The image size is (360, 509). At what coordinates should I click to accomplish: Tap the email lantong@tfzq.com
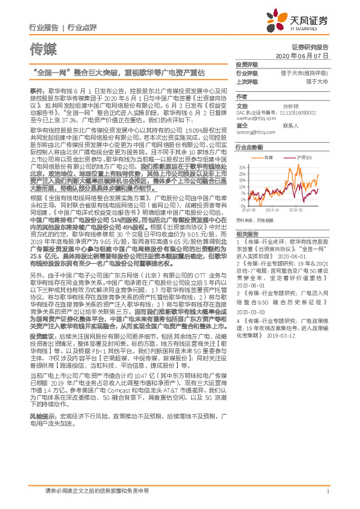(251, 131)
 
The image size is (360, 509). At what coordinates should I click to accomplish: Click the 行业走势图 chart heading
(249, 147)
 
